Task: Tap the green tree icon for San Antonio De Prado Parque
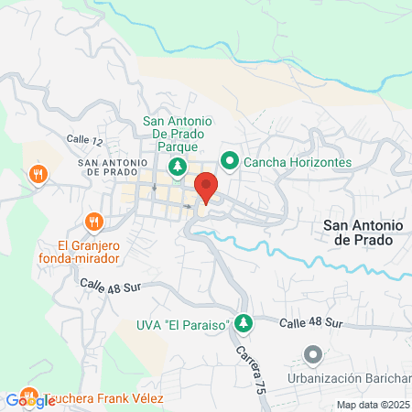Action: pyautogui.click(x=179, y=167)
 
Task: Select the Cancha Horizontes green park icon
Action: pyautogui.click(x=230, y=162)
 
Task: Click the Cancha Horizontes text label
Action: pyautogui.click(x=298, y=162)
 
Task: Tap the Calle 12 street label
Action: pyautogui.click(x=84, y=138)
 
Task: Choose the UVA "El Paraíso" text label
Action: pyautogui.click(x=185, y=328)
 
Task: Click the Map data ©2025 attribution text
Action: pyautogui.click(x=374, y=405)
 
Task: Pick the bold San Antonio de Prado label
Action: pyautogui.click(x=358, y=232)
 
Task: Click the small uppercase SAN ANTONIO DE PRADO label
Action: pyautogui.click(x=114, y=168)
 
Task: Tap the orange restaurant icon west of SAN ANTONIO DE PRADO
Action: pyautogui.click(x=38, y=174)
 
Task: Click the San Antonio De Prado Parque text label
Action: pyautogui.click(x=179, y=134)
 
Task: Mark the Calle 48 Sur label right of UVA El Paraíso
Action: pyautogui.click(x=310, y=323)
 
